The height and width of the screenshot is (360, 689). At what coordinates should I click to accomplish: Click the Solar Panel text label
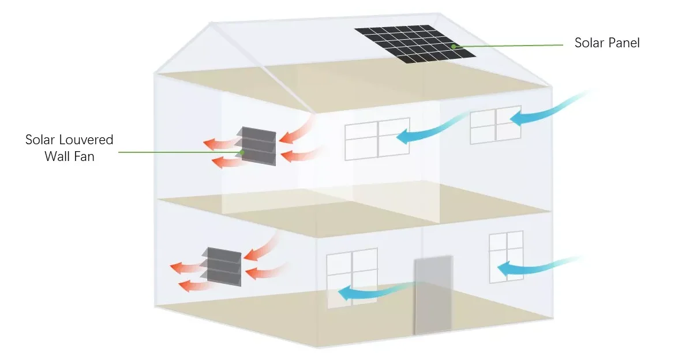pos(607,43)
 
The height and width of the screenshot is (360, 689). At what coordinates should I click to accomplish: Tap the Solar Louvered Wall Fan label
pos(69,148)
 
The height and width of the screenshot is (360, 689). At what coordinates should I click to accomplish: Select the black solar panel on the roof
pos(415,44)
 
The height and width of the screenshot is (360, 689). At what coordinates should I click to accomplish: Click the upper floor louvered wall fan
pos(259,146)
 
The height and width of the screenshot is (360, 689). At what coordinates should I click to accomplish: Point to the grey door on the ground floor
pos(433,295)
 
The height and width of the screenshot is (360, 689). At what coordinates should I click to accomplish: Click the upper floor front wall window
pos(377,138)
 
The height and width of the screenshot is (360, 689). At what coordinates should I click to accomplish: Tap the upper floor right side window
pos(496,124)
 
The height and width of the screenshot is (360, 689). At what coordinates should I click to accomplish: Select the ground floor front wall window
pos(351,277)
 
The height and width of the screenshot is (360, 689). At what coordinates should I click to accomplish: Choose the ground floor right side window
pos(506,257)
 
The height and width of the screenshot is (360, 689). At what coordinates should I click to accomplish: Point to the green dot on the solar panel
pos(454,46)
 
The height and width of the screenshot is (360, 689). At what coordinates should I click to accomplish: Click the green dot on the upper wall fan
pos(244,152)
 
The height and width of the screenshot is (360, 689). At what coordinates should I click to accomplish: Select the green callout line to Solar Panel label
pos(508,46)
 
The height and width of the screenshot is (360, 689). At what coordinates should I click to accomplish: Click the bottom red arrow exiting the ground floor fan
pos(193,284)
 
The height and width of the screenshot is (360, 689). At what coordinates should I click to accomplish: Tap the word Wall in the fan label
pos(56,156)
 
